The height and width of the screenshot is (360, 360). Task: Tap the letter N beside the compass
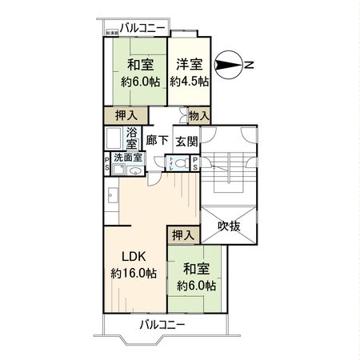[x=250, y=63]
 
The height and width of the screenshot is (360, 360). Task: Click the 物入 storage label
[x=199, y=117]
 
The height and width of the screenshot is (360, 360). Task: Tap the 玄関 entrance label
[x=186, y=141]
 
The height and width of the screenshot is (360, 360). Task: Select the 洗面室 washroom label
[x=126, y=158]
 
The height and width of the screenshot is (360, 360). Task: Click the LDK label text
[x=134, y=258]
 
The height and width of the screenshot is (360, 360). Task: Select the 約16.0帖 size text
[x=134, y=274]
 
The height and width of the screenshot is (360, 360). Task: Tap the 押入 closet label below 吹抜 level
[x=182, y=235]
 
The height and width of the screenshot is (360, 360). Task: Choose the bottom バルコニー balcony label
[x=162, y=325]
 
